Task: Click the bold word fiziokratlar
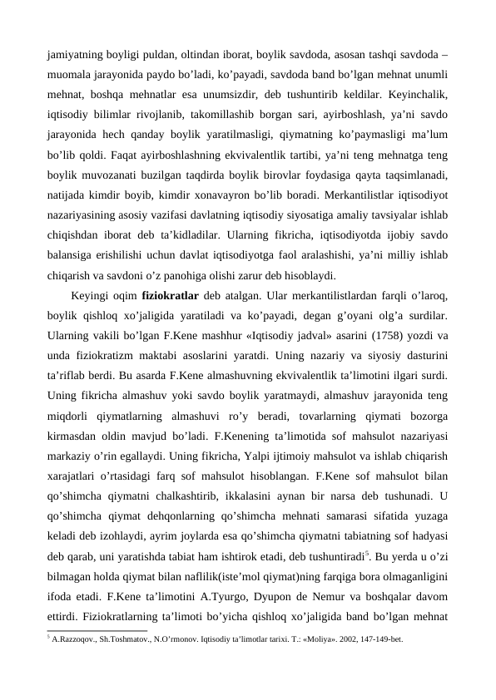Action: click(x=172, y=295)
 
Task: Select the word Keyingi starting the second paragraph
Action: click(x=91, y=295)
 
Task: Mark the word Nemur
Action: click(x=349, y=594)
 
